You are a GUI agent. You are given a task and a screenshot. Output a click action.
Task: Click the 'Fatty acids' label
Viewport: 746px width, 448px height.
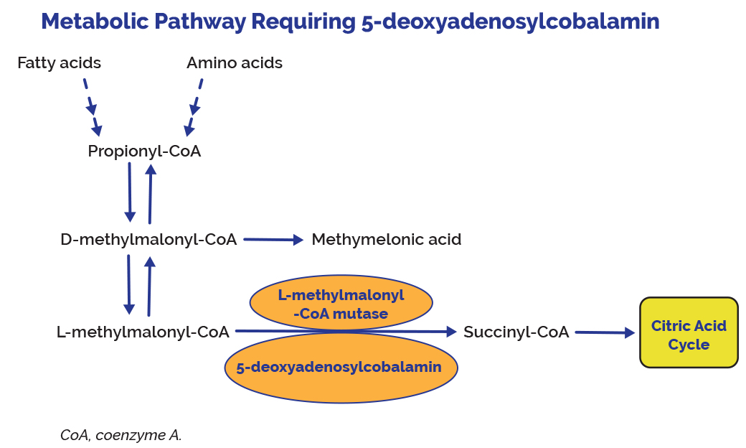click(59, 63)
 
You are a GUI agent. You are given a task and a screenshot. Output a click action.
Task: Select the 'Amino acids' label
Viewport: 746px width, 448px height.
click(235, 63)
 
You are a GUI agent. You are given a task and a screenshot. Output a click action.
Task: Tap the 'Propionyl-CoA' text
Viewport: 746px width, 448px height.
click(144, 151)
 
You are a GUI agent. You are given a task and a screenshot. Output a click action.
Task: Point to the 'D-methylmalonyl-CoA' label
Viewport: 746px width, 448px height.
click(148, 240)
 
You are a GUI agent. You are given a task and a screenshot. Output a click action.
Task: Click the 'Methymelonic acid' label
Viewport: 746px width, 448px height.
click(387, 240)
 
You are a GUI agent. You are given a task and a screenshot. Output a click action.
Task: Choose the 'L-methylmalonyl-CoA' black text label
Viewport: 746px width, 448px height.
click(143, 332)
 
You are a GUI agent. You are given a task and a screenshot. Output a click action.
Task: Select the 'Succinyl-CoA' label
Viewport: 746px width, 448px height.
click(516, 332)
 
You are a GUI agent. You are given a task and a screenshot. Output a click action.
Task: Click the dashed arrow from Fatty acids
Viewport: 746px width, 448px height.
click(91, 106)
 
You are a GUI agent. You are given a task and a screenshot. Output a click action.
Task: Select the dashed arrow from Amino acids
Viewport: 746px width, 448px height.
click(194, 106)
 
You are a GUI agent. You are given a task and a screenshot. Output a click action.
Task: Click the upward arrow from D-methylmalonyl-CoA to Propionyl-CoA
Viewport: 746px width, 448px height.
click(150, 194)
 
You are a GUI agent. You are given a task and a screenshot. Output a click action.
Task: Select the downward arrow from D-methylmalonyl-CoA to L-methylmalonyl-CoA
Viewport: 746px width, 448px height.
click(129, 284)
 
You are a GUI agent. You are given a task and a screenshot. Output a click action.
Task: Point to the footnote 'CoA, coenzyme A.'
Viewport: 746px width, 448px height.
click(121, 435)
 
